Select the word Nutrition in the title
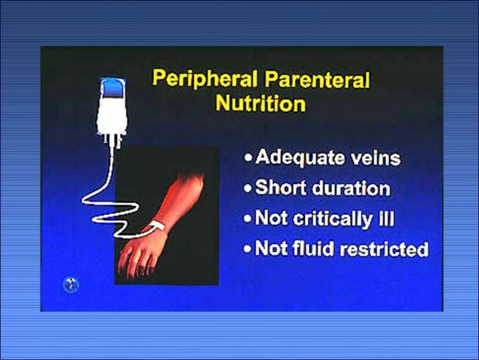tap(260, 103)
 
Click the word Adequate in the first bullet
tap(296, 158)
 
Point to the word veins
tap(373, 158)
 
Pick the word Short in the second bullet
tap(279, 188)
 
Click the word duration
tap(348, 188)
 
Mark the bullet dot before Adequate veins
tap(248, 159)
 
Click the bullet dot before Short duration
tap(248, 189)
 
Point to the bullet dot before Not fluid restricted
tap(248, 249)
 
